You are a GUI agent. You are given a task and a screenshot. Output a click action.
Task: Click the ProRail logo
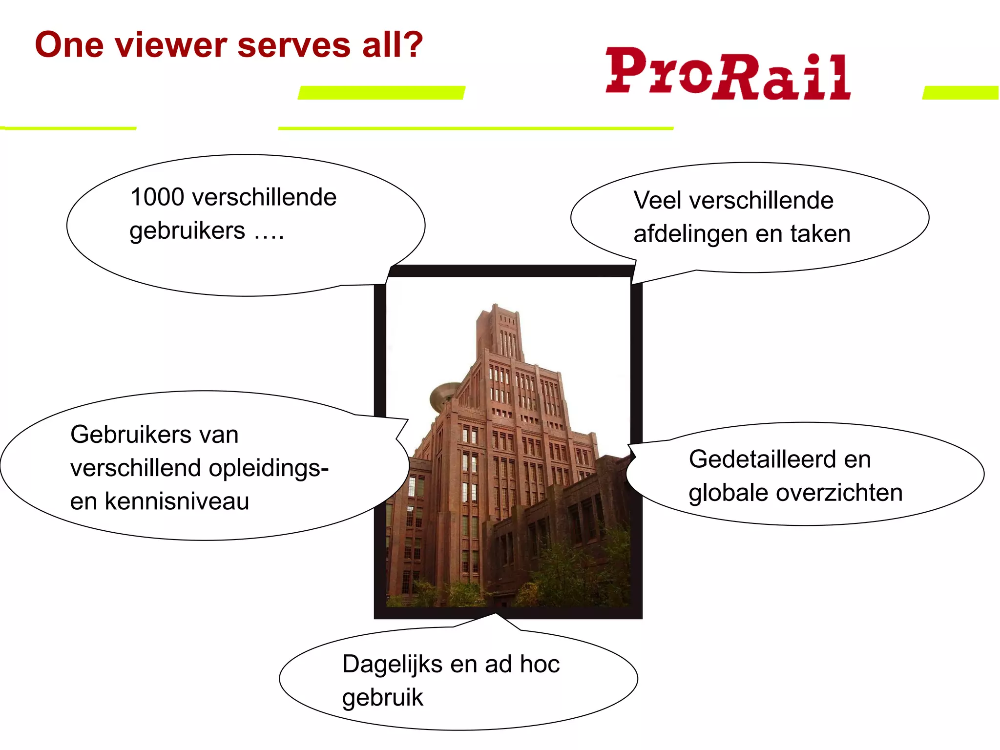(x=728, y=74)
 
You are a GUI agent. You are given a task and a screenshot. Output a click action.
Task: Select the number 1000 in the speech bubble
(x=157, y=197)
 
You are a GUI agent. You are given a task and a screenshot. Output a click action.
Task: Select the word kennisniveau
(x=177, y=501)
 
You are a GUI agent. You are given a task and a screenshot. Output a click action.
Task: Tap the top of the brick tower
(x=497, y=310)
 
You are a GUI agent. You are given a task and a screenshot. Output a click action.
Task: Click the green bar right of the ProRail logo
(x=960, y=92)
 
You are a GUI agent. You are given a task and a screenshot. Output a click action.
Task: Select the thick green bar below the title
(x=381, y=92)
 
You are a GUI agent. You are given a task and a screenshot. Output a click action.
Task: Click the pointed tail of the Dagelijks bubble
(x=496, y=616)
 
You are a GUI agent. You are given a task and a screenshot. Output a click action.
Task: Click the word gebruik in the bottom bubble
(x=382, y=698)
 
